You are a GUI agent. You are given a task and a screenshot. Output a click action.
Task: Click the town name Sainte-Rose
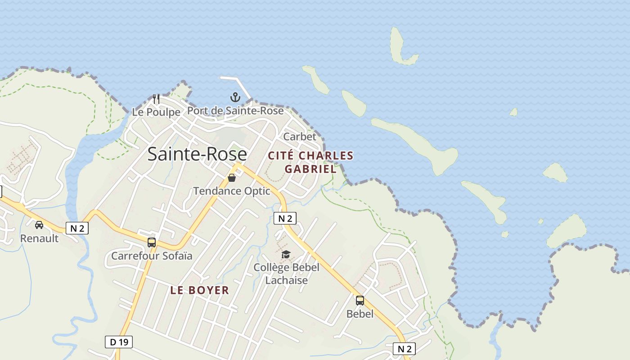[x=197, y=154]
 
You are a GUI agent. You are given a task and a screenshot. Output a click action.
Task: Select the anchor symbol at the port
[x=235, y=97]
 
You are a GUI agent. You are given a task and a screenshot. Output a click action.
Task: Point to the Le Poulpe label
[x=156, y=112]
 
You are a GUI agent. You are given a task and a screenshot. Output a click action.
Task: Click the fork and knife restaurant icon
[x=156, y=99]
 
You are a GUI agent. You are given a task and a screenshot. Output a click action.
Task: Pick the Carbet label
[x=300, y=136]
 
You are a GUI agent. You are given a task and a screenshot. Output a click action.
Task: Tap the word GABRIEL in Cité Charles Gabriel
[x=310, y=169]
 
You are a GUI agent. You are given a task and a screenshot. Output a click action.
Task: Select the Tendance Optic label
[x=232, y=191]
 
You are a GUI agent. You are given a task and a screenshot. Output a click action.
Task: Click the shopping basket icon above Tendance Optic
[x=232, y=178]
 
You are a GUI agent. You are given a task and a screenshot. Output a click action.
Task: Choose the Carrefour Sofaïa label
[x=152, y=256]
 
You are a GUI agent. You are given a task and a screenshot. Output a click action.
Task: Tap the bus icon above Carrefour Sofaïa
[x=152, y=243]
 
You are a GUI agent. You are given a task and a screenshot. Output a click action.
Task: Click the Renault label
[x=40, y=238]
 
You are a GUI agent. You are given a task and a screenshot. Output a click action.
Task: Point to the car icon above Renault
[x=39, y=225]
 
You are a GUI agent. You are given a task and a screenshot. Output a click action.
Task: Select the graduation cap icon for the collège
[x=286, y=255]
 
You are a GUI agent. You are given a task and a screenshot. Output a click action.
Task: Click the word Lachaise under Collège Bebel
[x=286, y=280]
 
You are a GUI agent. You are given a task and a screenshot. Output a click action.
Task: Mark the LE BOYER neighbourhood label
[x=200, y=290]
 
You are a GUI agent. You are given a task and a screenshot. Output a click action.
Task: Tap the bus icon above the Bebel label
[x=360, y=300]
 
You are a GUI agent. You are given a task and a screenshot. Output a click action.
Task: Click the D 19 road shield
[x=119, y=342]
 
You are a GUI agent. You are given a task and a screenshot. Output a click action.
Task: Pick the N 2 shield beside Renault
[x=77, y=228]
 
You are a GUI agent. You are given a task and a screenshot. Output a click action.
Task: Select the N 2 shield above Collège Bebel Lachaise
[x=285, y=218]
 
